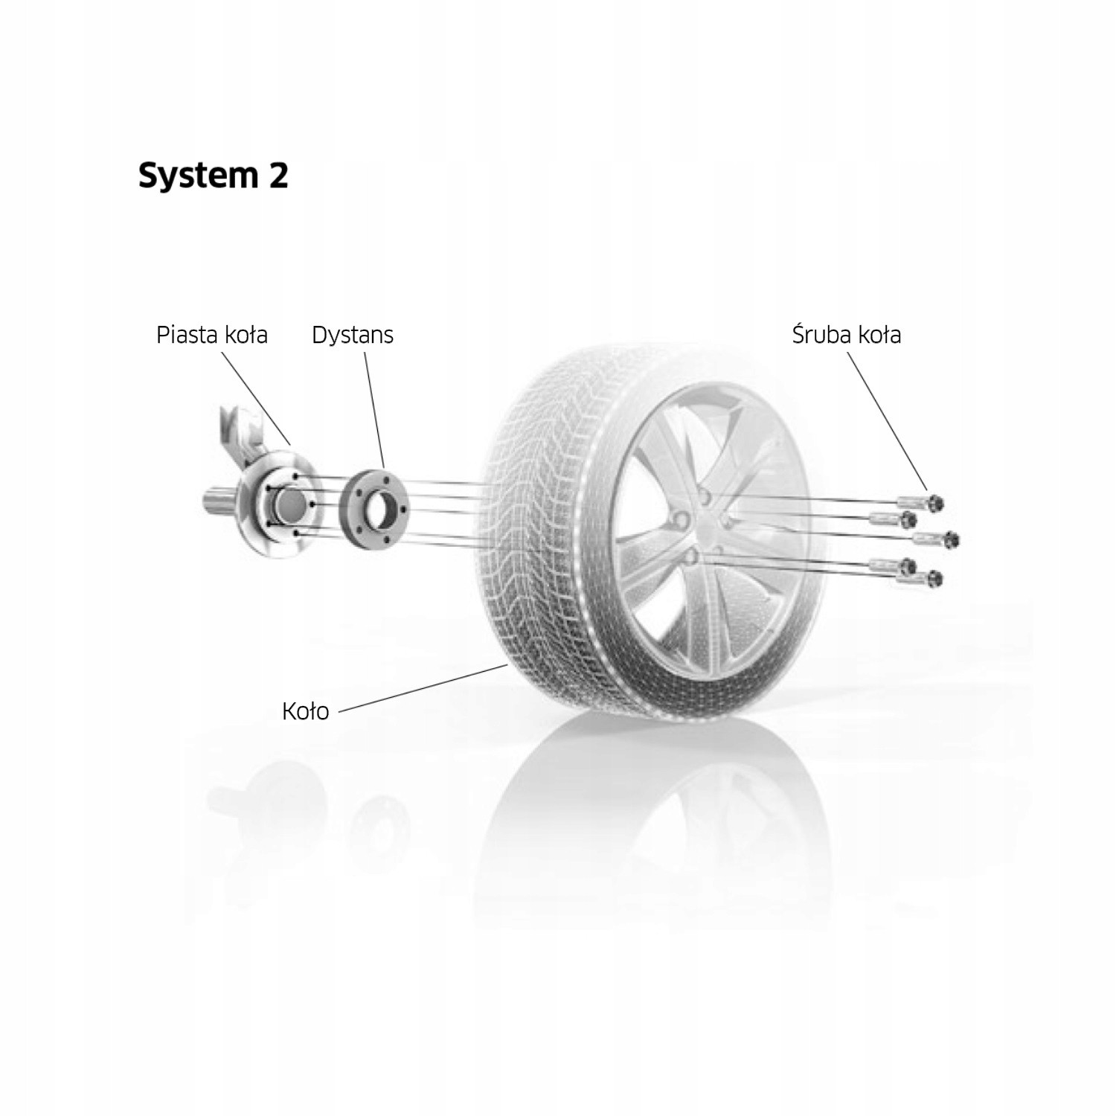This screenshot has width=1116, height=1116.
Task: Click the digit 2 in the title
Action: (277, 176)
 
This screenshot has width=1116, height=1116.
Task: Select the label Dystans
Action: (352, 335)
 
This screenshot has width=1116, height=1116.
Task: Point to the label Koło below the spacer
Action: (305, 712)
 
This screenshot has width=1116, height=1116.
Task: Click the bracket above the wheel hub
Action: (240, 432)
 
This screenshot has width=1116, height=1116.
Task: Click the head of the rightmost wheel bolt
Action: (952, 539)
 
